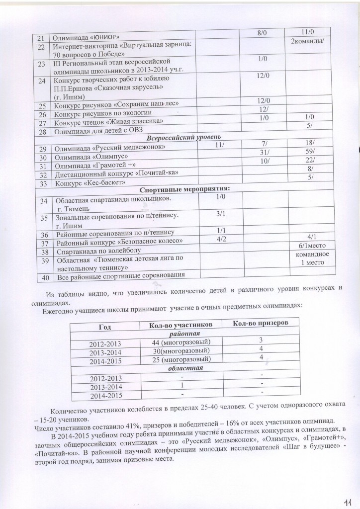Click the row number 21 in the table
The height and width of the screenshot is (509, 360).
[42, 37]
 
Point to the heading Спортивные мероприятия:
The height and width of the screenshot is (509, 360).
[184, 189]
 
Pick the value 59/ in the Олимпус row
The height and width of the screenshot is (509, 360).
[310, 154]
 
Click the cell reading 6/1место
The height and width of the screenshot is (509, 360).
[311, 246]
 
